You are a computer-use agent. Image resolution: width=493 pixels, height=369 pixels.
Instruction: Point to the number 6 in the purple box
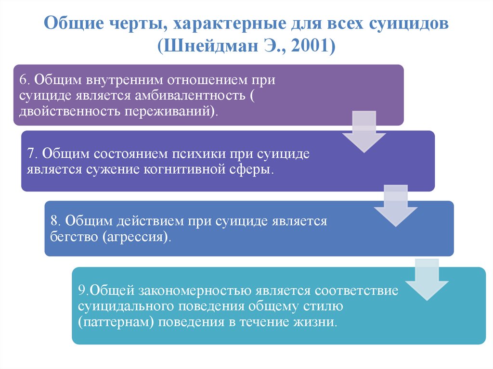[22, 80]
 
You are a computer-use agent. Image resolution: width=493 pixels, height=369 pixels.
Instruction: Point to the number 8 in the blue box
[54, 221]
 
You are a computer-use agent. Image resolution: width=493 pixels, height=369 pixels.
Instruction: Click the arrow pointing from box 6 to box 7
[363, 131]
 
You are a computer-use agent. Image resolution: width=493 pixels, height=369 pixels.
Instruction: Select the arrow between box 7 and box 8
[396, 204]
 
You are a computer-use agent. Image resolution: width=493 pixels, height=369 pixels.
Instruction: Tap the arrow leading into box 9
[427, 279]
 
